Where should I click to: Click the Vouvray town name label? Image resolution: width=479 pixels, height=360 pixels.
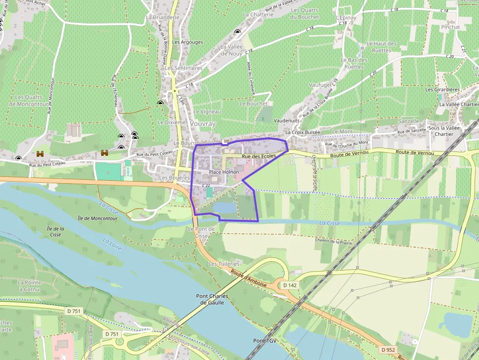(x=203, y=124)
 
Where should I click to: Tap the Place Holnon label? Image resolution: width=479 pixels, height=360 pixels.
(x=224, y=172)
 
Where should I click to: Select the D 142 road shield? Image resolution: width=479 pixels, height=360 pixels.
(x=290, y=285)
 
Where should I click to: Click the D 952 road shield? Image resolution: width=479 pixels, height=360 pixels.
(x=388, y=350)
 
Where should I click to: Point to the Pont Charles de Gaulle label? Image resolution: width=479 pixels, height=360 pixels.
(x=210, y=299)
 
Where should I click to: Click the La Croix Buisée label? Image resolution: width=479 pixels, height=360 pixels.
(x=303, y=132)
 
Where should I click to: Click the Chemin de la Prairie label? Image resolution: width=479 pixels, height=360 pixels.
(x=333, y=241)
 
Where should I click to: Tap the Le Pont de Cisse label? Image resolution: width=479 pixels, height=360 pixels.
(x=201, y=232)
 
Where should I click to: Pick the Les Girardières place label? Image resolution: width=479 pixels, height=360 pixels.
(x=442, y=90)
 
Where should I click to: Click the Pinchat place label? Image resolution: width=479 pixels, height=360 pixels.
(x=450, y=27)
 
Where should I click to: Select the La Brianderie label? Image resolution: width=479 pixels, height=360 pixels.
(x=163, y=17)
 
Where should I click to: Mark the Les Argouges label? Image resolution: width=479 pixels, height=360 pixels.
(x=188, y=42)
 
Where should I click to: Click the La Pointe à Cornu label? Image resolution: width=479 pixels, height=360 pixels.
(x=28, y=286)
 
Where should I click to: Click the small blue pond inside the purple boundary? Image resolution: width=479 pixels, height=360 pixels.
(x=225, y=208)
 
